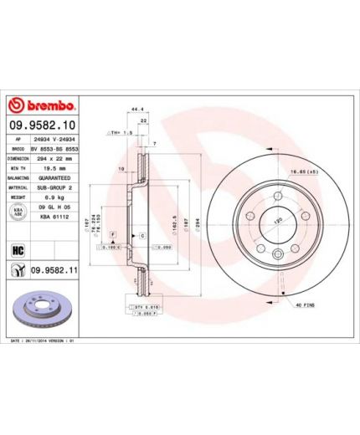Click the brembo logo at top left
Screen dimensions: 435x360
click(42, 106)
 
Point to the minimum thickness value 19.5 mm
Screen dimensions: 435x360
click(55, 167)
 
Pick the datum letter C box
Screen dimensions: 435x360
click(142, 238)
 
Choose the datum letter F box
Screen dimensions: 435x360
click(112, 238)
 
